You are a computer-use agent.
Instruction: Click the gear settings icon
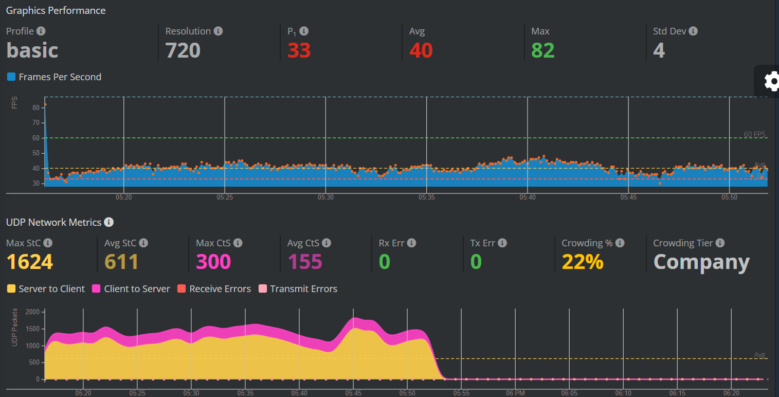tap(771, 81)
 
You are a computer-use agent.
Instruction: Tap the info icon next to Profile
tap(41, 31)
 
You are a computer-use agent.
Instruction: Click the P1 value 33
tap(299, 50)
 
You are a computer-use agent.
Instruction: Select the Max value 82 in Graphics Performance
tap(542, 50)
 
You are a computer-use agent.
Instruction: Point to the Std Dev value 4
tap(659, 50)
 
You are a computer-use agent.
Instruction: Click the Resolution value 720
tap(183, 50)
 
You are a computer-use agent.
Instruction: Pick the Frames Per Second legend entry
tap(54, 77)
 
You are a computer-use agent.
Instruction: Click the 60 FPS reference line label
tap(754, 134)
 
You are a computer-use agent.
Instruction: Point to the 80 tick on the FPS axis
tap(36, 107)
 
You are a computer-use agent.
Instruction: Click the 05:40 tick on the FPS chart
tap(528, 197)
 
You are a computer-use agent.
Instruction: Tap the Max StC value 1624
tap(30, 262)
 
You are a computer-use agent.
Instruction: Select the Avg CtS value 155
tap(304, 262)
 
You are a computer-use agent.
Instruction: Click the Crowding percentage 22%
tap(582, 262)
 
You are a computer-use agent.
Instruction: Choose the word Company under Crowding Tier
tap(701, 262)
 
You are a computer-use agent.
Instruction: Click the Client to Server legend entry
tap(131, 289)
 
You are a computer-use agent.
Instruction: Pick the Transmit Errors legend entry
tap(298, 289)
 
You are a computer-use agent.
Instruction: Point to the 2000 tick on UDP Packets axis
tap(32, 312)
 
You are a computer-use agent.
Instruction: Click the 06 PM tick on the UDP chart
tap(515, 393)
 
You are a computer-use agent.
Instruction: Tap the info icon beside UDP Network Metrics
tap(108, 222)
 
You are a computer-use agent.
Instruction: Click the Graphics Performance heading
tap(56, 10)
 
